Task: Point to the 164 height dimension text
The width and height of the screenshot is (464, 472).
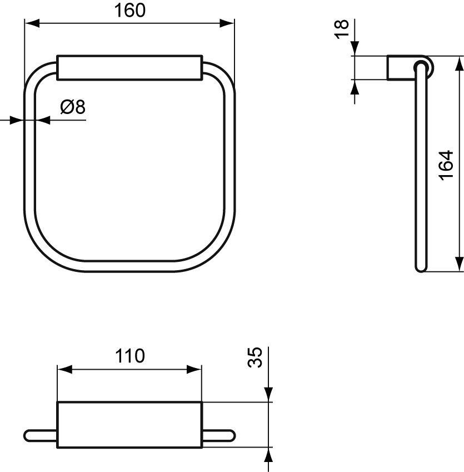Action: [x=447, y=165]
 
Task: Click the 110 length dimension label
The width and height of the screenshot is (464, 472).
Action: [x=130, y=356]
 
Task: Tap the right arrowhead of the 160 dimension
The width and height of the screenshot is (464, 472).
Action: [x=227, y=23]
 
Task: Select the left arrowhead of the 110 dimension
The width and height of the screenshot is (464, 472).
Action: [x=64, y=370]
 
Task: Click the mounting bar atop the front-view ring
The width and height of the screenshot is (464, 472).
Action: [x=129, y=68]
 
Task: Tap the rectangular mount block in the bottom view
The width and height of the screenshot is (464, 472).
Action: [x=129, y=424]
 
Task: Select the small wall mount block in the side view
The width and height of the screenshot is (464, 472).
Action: [x=398, y=68]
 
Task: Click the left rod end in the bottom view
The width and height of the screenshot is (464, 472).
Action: [x=33, y=435]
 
